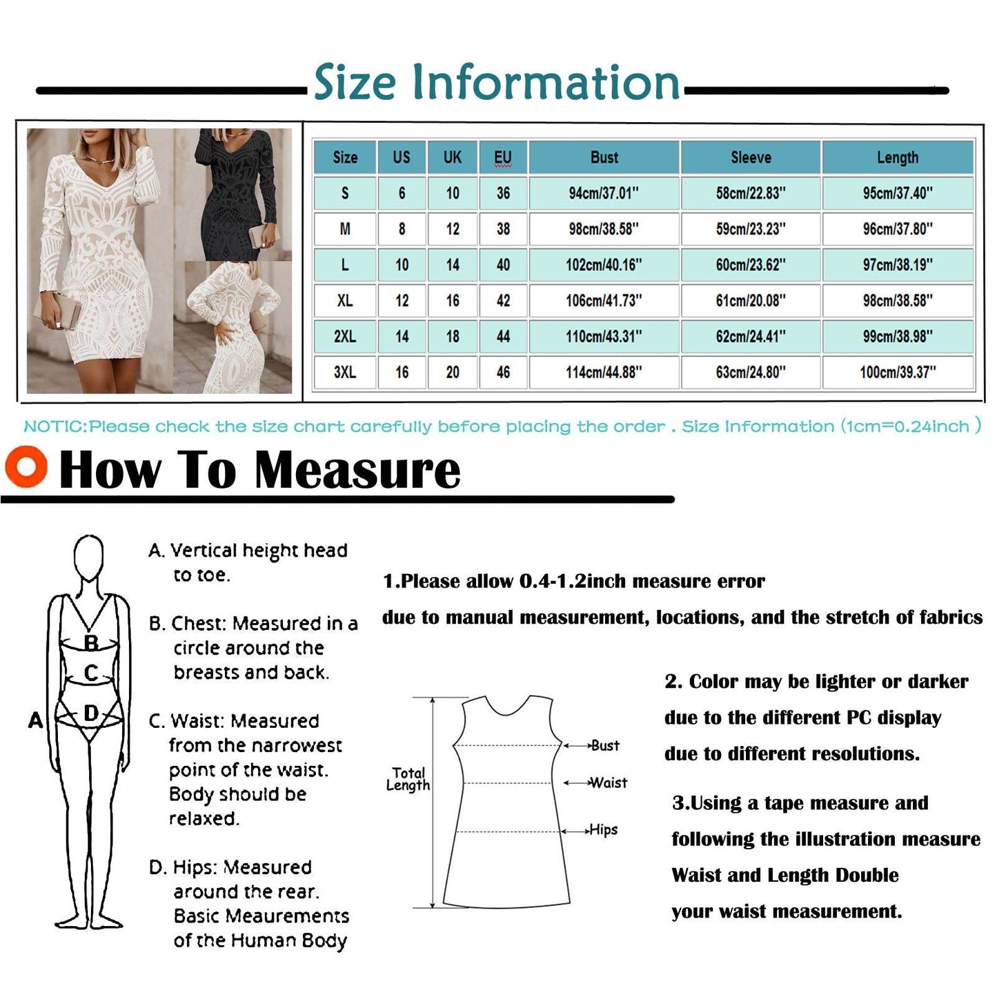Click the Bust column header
pos(604,157)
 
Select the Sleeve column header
pos(751,157)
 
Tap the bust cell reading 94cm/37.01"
pos(604,193)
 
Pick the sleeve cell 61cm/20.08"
pos(751,301)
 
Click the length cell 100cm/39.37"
pos(898,373)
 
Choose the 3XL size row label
pos(345,373)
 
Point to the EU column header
pos(503,157)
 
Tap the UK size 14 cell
pos(453,265)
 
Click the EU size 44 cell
pos(503,337)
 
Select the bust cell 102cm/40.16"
pos(604,265)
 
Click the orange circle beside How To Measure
pos(26,467)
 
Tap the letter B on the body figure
pos(90,643)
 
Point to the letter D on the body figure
pos(90,713)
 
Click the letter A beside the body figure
pos(35,721)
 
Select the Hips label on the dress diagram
pos(604,830)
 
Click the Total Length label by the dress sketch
pos(408,779)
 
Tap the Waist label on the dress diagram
pos(609,783)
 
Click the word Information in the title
pos(546,83)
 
